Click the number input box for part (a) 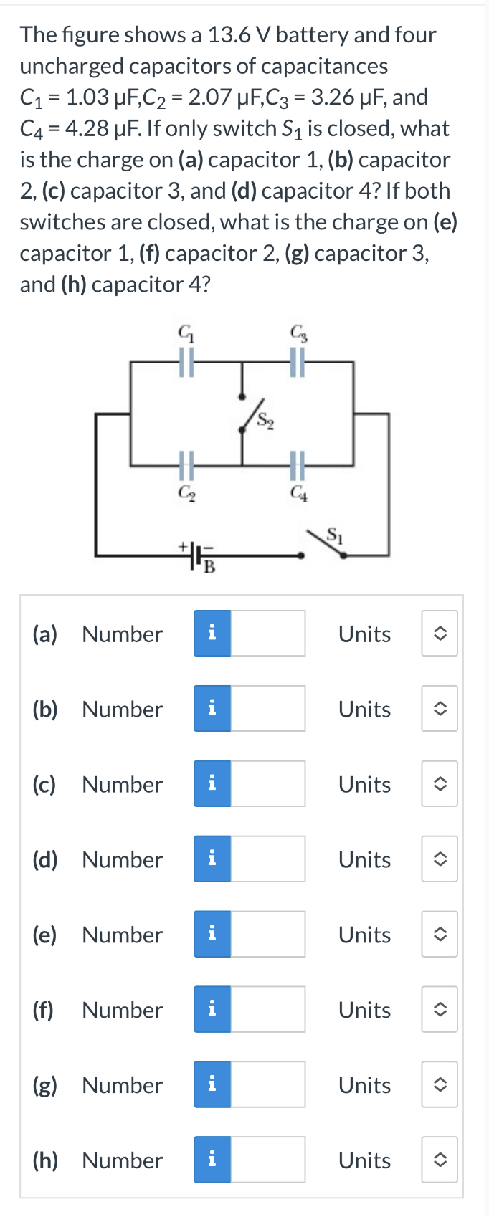click(267, 634)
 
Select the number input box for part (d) click(267, 859)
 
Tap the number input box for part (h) click(267, 1160)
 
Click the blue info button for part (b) click(212, 709)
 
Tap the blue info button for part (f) click(212, 1009)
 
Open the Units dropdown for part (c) click(440, 784)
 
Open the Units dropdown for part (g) click(440, 1084)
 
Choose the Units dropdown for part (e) click(440, 935)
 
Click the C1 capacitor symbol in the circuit click(186, 362)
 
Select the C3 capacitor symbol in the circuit click(297, 362)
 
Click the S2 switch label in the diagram click(265, 420)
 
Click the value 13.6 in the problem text click(228, 34)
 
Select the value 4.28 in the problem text click(87, 128)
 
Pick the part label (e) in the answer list click(44, 935)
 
